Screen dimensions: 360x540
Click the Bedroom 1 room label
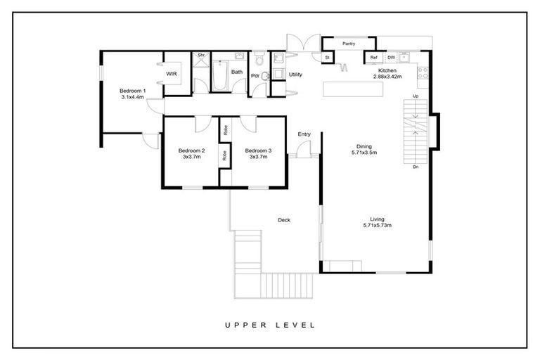pos(132,91)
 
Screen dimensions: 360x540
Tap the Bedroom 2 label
pos(191,150)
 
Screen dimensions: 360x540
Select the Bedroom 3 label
pos(258,150)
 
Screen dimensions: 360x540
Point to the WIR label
pos(171,73)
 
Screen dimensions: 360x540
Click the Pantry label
pos(349,44)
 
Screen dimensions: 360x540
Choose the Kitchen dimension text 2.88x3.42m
pos(387,77)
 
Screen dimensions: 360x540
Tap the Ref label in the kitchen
pos(374,58)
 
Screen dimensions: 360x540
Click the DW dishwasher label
pos(391,58)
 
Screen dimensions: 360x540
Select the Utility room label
pos(295,74)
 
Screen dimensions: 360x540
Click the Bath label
pos(237,72)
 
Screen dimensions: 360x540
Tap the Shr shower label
pos(200,55)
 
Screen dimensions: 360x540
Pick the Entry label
pos(304,134)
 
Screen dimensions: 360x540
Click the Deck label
pos(284,220)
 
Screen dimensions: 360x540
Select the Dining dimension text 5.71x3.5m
pos(364,153)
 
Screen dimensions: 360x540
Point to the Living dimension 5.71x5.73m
pos(377,226)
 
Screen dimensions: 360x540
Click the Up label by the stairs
pos(416,96)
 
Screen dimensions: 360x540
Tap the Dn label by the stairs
pos(416,167)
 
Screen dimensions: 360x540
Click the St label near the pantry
pos(327,58)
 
